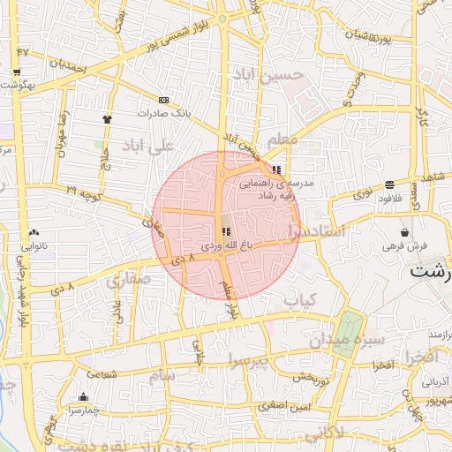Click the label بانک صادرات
click(x=165, y=114)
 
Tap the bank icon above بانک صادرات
click(x=163, y=100)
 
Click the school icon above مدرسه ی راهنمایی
click(x=277, y=169)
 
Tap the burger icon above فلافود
click(x=390, y=185)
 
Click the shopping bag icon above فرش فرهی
click(x=403, y=232)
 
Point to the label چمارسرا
click(x=83, y=411)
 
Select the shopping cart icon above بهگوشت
click(x=16, y=72)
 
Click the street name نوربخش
click(x=311, y=377)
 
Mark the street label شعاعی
click(x=102, y=375)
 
